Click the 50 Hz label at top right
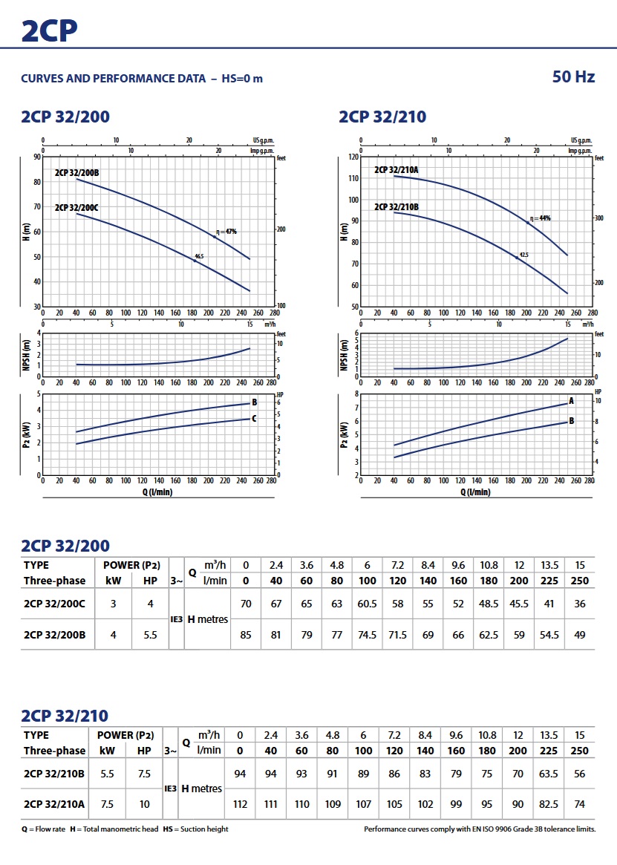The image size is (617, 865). click(573, 76)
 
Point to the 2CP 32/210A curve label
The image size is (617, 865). click(396, 170)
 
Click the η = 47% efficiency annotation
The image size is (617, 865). click(226, 232)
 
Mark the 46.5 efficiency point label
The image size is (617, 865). click(199, 256)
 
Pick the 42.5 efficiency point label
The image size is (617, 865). click(523, 255)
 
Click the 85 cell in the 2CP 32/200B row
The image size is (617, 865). click(247, 635)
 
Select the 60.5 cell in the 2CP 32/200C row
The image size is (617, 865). click(367, 604)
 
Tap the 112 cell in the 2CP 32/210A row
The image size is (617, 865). click(239, 804)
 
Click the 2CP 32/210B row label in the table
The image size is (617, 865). click(54, 773)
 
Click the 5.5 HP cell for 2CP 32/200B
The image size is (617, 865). click(151, 635)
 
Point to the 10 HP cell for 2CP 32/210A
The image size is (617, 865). click(144, 804)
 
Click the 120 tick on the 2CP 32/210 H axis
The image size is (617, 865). click(353, 157)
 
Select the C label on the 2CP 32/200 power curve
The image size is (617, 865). click(255, 419)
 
